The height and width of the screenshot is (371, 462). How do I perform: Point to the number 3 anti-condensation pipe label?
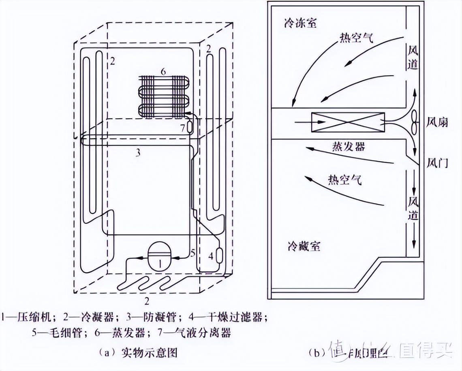[x=138, y=153]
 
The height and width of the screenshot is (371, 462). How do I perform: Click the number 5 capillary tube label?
[x=193, y=253]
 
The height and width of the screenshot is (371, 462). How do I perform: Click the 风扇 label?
[x=437, y=122]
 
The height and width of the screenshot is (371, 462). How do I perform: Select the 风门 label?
[x=437, y=163]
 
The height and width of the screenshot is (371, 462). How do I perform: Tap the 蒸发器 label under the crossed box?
[x=347, y=145]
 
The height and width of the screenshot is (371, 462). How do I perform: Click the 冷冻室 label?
[x=300, y=23]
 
